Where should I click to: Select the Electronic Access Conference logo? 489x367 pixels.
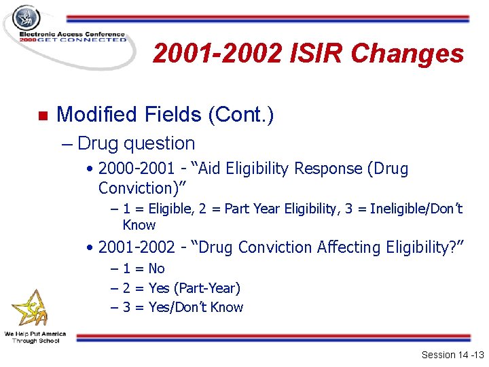66,35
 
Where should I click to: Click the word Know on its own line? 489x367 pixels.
139,225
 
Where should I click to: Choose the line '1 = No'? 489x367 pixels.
143,268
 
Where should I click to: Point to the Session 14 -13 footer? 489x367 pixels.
451,355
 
